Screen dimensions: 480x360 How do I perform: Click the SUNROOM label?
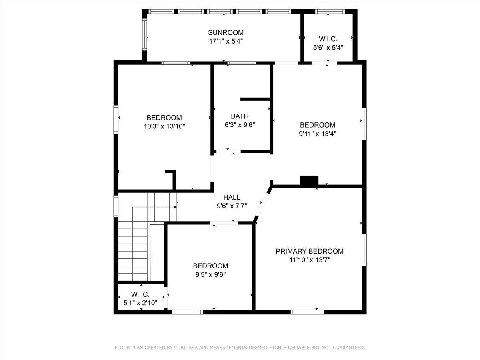tap(226, 32)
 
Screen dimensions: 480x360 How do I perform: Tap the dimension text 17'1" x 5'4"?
tap(226, 41)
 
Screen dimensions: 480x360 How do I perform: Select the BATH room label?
tap(240, 116)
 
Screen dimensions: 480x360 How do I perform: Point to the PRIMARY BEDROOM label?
tap(310, 251)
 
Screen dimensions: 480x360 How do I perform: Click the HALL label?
tap(232, 197)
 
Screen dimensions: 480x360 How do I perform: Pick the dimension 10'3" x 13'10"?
tap(164, 126)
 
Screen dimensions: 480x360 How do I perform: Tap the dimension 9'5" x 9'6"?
tap(210, 274)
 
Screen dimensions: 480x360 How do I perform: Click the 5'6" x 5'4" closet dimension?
tap(328, 48)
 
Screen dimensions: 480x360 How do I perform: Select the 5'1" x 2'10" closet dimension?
tap(140, 303)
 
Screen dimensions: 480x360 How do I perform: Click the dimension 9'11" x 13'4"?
tap(318, 133)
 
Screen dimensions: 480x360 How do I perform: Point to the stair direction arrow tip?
tap(176, 207)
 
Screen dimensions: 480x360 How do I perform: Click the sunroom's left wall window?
tap(144, 34)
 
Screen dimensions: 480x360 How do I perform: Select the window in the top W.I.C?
tap(330, 11)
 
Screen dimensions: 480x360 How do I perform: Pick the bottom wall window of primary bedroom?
tap(308, 312)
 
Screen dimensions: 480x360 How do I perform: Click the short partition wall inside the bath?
tap(255, 99)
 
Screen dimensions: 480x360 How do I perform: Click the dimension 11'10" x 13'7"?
tap(310, 260)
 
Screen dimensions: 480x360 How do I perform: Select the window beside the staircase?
tap(116, 206)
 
